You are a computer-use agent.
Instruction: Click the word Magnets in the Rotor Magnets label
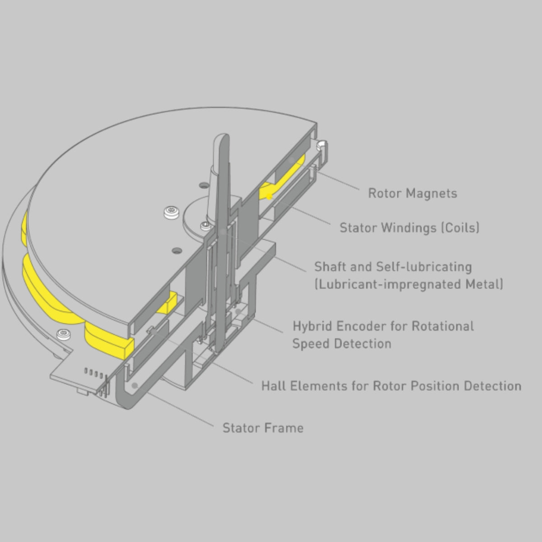[x=432, y=193]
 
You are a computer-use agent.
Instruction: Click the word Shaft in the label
[x=330, y=266]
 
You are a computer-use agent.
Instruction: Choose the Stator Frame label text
[x=263, y=428]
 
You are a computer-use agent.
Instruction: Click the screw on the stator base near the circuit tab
[x=64, y=334]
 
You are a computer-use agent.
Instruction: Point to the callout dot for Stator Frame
[x=135, y=385]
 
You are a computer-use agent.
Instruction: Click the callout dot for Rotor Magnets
[x=292, y=160]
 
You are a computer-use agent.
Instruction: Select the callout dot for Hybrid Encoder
[x=238, y=311]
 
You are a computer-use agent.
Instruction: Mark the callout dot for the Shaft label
[x=224, y=232]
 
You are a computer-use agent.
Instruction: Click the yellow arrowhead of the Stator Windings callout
[x=269, y=196]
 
